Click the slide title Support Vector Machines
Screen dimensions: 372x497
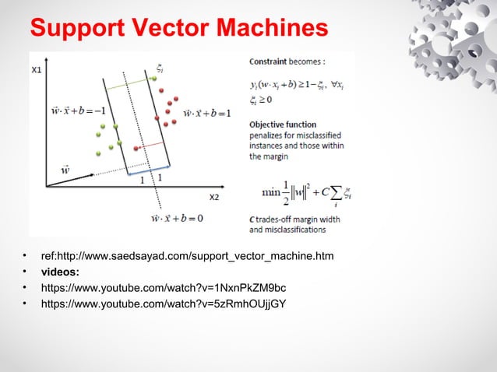pyautogui.click(x=178, y=30)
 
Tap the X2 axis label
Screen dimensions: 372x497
pyautogui.click(x=213, y=196)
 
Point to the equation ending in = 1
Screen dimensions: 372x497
pyautogui.click(x=206, y=113)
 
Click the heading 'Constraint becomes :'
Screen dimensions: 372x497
pyautogui.click(x=287, y=61)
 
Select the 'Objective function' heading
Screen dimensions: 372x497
pyautogui.click(x=283, y=125)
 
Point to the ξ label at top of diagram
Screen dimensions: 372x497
pyautogui.click(x=159, y=68)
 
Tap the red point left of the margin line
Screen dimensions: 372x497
pyautogui.click(x=137, y=148)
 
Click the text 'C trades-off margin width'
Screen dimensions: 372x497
pyautogui.click(x=295, y=220)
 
